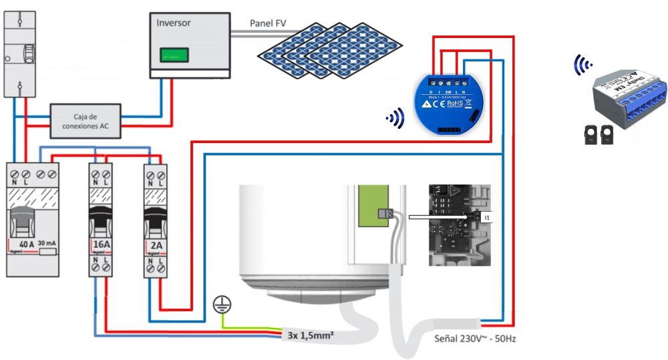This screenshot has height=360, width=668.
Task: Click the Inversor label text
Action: click(173, 23)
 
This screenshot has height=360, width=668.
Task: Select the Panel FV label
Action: click(268, 23)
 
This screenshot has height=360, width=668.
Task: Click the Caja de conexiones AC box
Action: click(87, 121)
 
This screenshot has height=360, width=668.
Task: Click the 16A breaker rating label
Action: click(102, 244)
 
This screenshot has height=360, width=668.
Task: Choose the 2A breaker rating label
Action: click(157, 244)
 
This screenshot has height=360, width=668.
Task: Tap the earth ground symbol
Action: click(219, 305)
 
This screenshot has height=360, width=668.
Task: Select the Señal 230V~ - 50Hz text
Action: click(474, 339)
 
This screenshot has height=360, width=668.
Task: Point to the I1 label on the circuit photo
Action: click(487, 218)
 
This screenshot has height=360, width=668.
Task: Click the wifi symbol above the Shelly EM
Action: click(583, 65)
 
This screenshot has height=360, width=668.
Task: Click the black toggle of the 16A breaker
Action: click(102, 214)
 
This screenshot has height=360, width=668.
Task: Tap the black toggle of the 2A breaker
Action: click(157, 214)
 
